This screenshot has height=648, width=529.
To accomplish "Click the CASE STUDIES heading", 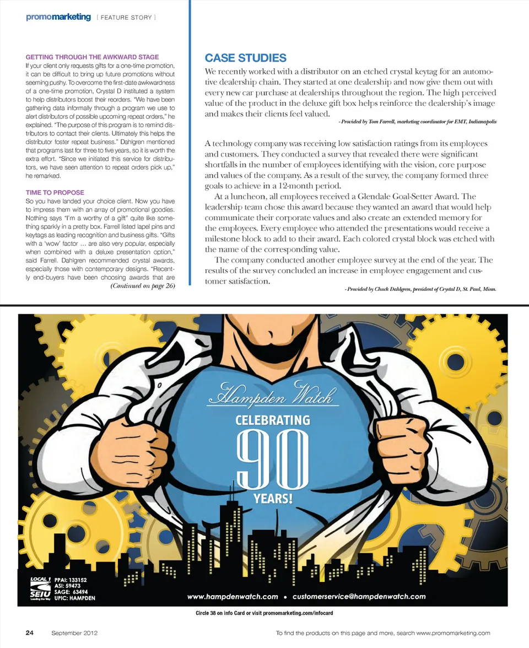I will pyautogui.click(x=245, y=58).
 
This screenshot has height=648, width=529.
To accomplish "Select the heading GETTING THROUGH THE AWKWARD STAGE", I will pyautogui.click(x=92, y=57).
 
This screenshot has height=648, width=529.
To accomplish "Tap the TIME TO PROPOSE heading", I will pyautogui.click(x=55, y=192).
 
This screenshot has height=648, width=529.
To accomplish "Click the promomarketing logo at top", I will pyautogui.click(x=58, y=17).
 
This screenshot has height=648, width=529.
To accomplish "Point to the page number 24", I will pyautogui.click(x=30, y=633).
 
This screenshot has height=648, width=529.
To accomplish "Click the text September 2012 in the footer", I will pyautogui.click(x=75, y=633).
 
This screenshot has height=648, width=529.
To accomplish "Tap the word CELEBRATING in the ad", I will pyautogui.click(x=272, y=420).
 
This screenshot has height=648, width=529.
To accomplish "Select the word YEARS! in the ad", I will pyautogui.click(x=272, y=499).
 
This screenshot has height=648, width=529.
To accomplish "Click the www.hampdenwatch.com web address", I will pyautogui.click(x=232, y=596).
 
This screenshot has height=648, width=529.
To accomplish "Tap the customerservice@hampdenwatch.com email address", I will pyautogui.click(x=359, y=596).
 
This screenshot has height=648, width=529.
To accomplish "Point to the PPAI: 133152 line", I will pyautogui.click(x=71, y=580).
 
